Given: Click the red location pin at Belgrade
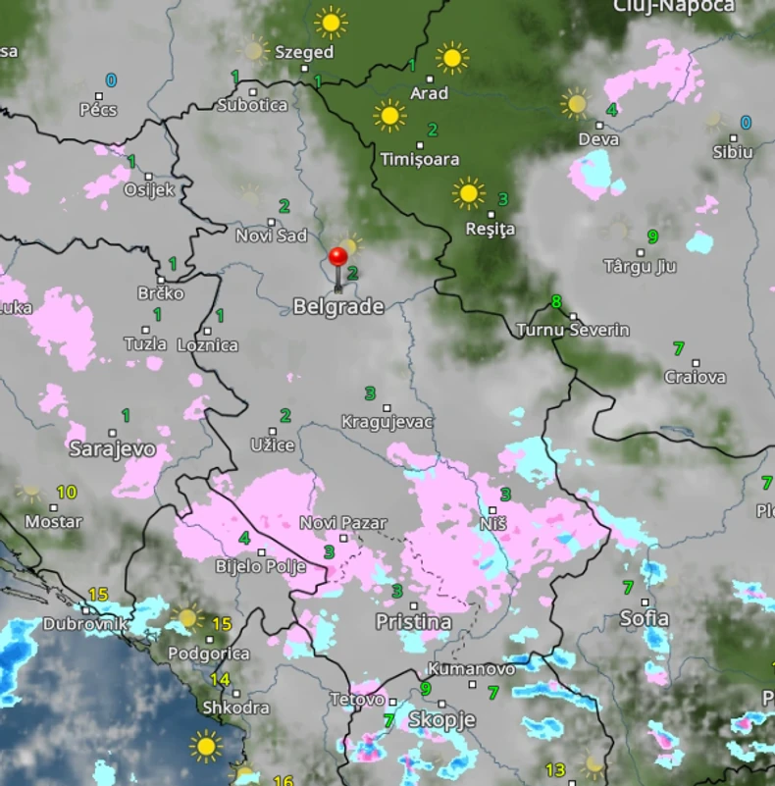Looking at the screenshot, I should point(338,258).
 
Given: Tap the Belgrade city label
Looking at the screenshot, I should point(337,307).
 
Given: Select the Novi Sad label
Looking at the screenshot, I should point(271,236).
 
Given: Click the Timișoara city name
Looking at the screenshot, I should point(420,159).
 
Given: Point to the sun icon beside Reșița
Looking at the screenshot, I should point(469,193).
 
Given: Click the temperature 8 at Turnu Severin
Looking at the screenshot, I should point(556,301).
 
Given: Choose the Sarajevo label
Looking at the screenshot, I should point(112,449).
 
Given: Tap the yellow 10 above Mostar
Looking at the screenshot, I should point(67,493).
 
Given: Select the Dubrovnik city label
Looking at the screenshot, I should point(85,624).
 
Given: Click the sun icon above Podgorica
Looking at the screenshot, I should point(186,618).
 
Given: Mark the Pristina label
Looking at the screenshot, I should point(414,622).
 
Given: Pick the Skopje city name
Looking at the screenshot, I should point(441,719).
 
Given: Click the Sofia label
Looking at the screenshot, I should point(645,618).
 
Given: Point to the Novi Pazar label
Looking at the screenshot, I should point(343,523).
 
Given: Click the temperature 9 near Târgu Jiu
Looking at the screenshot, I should point(652,236).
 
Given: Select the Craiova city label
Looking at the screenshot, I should point(696,377).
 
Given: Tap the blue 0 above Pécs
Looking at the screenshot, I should point(111,80).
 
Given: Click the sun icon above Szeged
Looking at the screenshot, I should point(331,22).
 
